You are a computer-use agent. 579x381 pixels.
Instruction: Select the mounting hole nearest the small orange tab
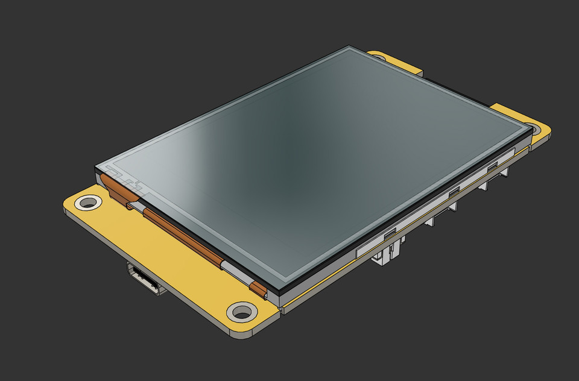242,312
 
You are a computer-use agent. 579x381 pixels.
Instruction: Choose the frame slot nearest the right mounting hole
493,165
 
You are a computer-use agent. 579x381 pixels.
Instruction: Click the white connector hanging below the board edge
386,253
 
